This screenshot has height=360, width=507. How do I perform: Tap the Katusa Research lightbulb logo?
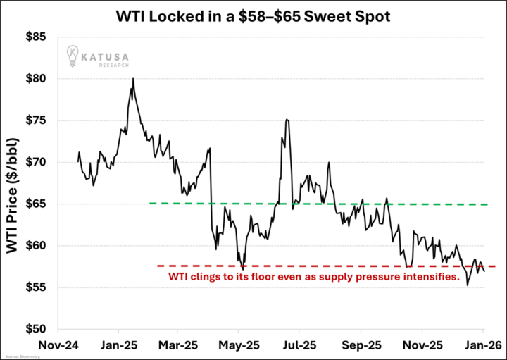(73, 54)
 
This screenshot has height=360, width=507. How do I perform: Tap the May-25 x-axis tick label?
(239, 346)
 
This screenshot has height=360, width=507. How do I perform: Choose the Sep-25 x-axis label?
(361, 346)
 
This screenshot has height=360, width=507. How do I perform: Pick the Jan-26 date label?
(482, 346)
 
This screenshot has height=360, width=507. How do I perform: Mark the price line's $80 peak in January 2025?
(133, 80)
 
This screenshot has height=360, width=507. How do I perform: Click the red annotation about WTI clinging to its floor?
(318, 278)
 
